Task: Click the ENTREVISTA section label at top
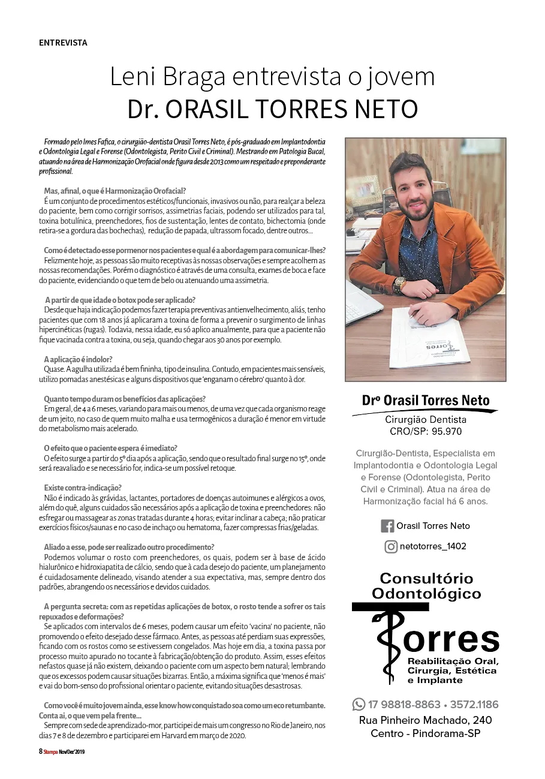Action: pyautogui.click(x=63, y=43)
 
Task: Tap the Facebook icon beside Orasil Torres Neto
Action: pyautogui.click(x=387, y=526)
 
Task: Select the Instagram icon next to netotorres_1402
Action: pyautogui.click(x=391, y=546)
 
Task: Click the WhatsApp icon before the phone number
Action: pyautogui.click(x=359, y=704)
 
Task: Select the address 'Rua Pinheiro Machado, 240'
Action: pyautogui.click(x=425, y=720)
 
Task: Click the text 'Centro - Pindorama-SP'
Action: pyautogui.click(x=425, y=733)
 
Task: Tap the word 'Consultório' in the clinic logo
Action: pyautogui.click(x=426, y=579)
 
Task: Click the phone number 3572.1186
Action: pyautogui.click(x=474, y=704)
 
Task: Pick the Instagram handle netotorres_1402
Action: pyautogui.click(x=433, y=546)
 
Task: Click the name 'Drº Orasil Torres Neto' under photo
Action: pyautogui.click(x=426, y=401)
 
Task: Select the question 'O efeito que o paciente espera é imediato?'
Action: pyautogui.click(x=110, y=448)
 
